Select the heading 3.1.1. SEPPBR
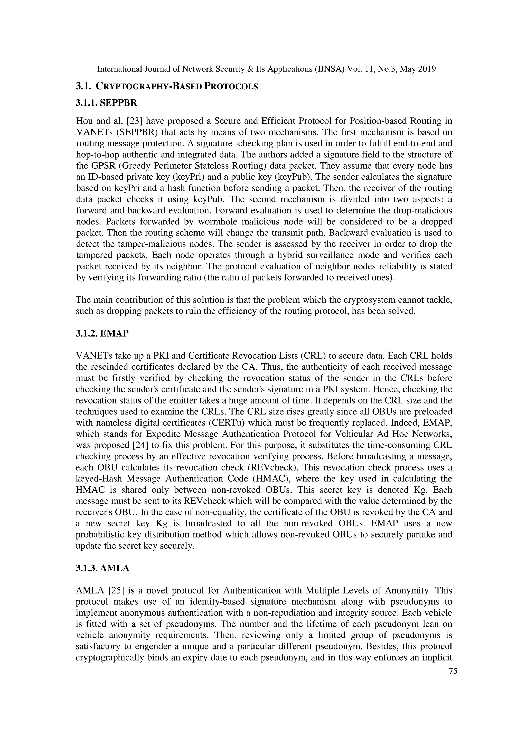(x=106, y=103)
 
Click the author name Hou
(x=84, y=121)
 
